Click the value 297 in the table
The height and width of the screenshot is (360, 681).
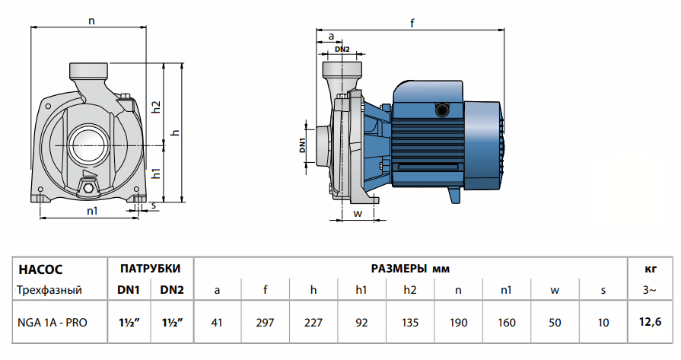tap(265, 323)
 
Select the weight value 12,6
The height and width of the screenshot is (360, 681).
tap(651, 323)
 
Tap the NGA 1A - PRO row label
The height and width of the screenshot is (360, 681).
tap(52, 323)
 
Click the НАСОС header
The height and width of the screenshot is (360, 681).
tap(40, 269)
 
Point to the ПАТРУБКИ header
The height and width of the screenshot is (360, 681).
tap(150, 269)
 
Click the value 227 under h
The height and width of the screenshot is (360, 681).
tap(313, 323)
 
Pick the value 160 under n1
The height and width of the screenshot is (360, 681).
tap(506, 323)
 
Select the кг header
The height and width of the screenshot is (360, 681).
tap(651, 269)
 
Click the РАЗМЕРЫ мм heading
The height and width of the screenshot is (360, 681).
tap(410, 269)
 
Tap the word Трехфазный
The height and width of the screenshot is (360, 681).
tap(49, 290)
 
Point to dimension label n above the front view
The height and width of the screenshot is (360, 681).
tap(91, 21)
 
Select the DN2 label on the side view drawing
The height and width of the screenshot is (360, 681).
tap(342, 49)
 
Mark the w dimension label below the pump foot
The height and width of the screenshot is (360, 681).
tap(356, 214)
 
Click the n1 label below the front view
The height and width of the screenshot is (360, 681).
tap(91, 210)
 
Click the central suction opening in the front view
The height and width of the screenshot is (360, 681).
tap(90, 142)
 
